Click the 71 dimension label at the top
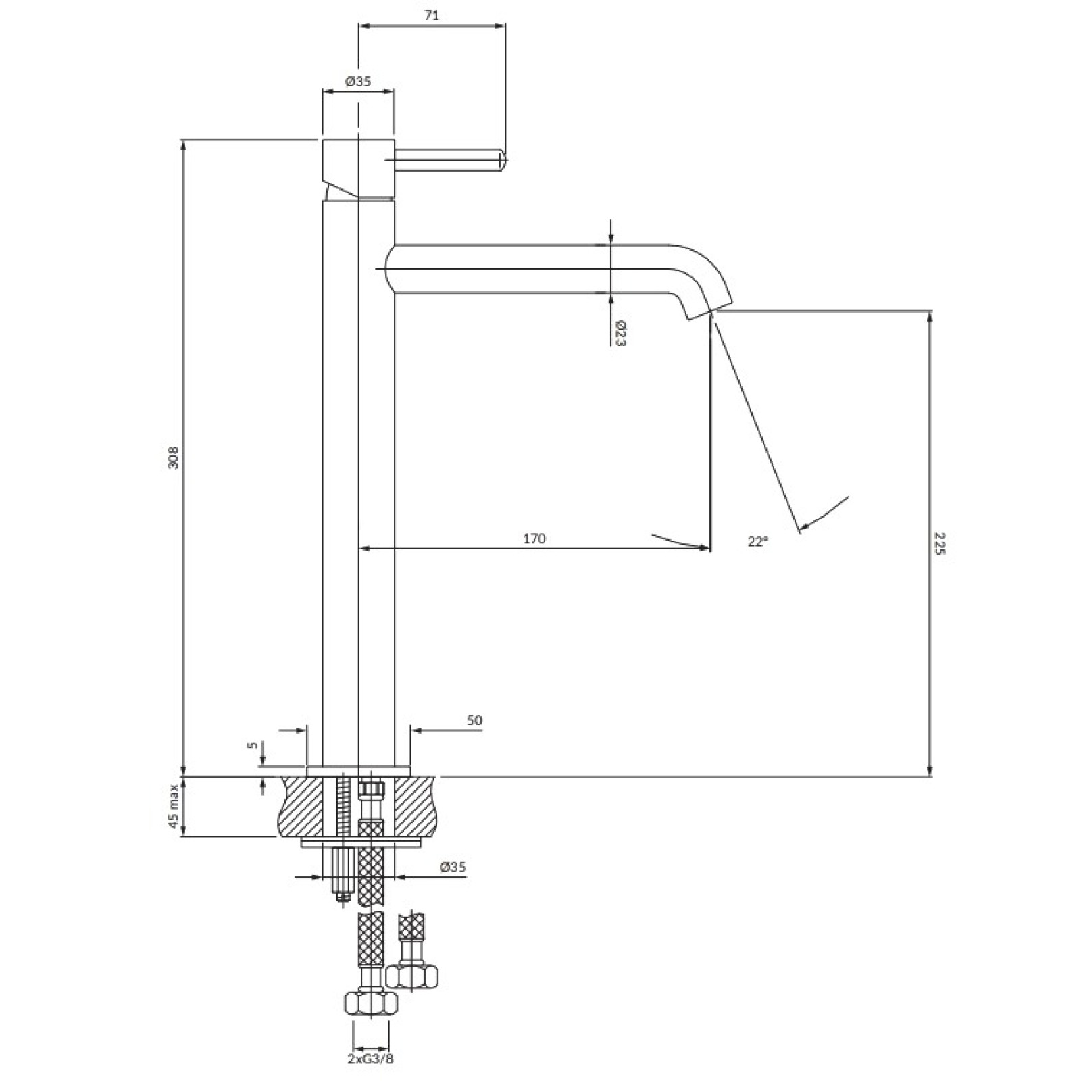[x=432, y=16]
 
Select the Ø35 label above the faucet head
[x=357, y=82]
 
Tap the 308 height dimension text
[x=174, y=457]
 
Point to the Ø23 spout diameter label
[x=620, y=334]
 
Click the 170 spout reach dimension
[x=534, y=538]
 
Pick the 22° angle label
[x=758, y=541]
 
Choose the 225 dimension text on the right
[x=940, y=543]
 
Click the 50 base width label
[x=474, y=720]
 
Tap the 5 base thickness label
[x=253, y=745]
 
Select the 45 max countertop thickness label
[x=174, y=807]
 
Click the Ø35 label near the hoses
[x=453, y=868]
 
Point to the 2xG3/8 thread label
[x=370, y=1059]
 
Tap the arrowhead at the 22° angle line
[x=804, y=526]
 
